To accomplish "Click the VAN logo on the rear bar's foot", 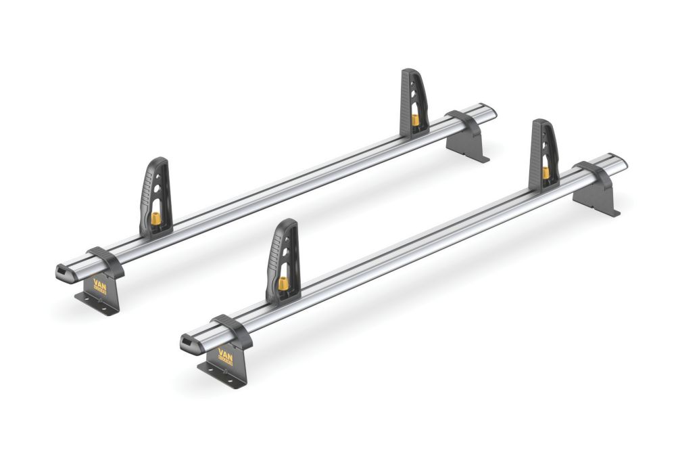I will click(x=100, y=286).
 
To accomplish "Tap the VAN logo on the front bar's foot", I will click(x=225, y=357).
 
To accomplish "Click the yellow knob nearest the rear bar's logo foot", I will click(x=155, y=219).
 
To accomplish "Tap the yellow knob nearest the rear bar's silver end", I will click(x=415, y=120).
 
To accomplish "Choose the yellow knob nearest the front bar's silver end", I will click(x=545, y=173).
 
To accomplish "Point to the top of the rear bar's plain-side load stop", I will click(x=410, y=72).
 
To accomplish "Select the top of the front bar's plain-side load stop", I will click(x=541, y=122).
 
